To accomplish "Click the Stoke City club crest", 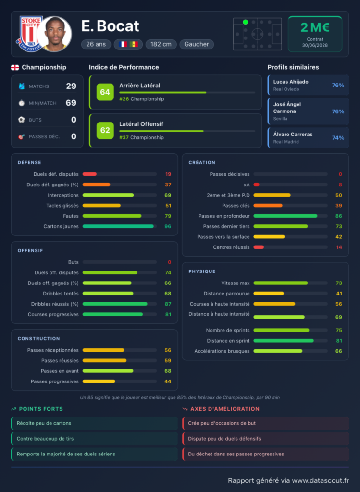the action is [x=29, y=34].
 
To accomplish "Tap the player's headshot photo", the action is [x=54, y=34].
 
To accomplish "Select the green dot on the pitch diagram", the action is [x=246, y=22].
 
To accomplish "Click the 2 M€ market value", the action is [x=315, y=27].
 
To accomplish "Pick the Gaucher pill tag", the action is [x=197, y=44].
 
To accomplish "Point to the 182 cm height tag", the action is [x=161, y=44].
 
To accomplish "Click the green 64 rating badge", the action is [x=105, y=92].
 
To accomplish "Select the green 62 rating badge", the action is [x=105, y=130].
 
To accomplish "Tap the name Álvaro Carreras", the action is [x=293, y=135].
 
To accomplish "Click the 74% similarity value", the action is [x=338, y=138].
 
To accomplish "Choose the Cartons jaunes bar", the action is [x=118, y=226].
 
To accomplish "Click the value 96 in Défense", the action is [x=168, y=226].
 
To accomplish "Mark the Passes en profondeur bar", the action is [x=286, y=216].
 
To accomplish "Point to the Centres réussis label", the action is [x=231, y=247].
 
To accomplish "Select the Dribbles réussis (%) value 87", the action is [x=168, y=304].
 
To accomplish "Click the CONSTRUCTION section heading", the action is [x=38, y=339].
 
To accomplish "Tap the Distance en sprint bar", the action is [x=284, y=341].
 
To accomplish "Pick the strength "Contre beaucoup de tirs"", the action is [x=45, y=439].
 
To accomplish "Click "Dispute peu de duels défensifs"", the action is [x=224, y=439].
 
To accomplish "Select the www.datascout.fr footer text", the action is [x=321, y=480].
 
